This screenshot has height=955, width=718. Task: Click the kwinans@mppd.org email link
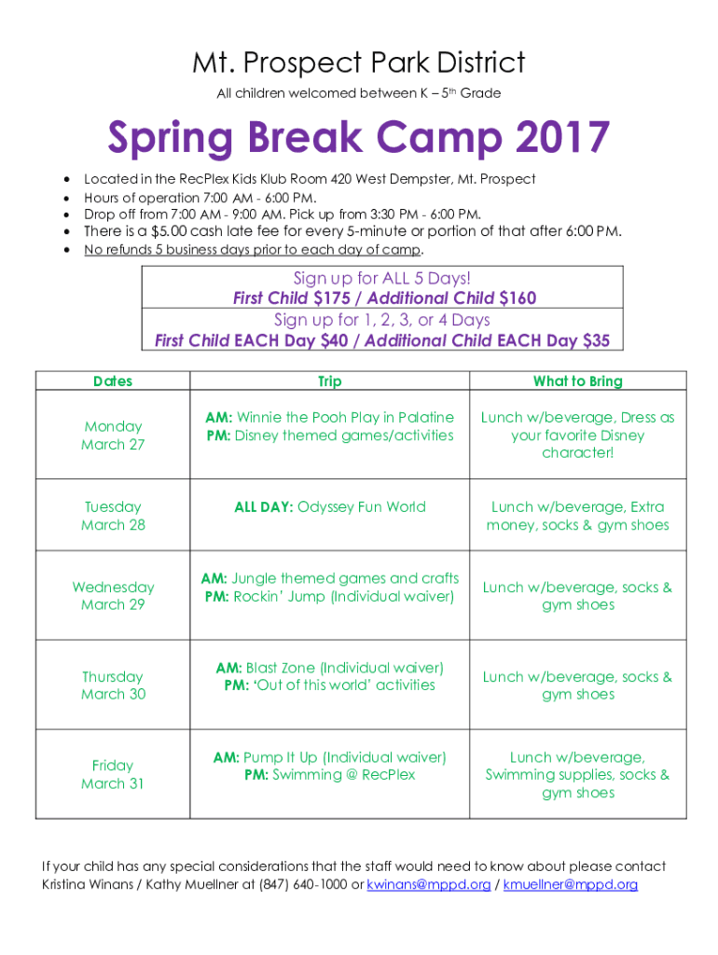(x=428, y=884)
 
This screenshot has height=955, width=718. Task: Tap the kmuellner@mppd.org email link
(x=570, y=884)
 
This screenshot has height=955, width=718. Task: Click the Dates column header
(x=113, y=381)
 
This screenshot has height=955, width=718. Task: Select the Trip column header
(x=329, y=381)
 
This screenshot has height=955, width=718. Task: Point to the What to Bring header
(x=578, y=381)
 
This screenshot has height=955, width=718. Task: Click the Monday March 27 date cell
(x=113, y=435)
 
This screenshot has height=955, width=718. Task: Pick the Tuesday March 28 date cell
(x=113, y=515)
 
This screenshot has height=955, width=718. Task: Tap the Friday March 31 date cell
(x=113, y=774)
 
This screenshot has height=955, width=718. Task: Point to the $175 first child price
(x=332, y=298)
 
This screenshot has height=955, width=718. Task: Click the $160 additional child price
(x=518, y=298)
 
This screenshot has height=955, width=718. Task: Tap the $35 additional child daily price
(x=596, y=339)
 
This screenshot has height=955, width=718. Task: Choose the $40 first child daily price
(x=335, y=339)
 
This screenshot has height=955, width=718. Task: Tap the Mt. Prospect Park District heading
(x=359, y=62)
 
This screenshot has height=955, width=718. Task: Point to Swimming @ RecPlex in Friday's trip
(x=343, y=775)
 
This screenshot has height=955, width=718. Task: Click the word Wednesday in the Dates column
(x=113, y=588)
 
